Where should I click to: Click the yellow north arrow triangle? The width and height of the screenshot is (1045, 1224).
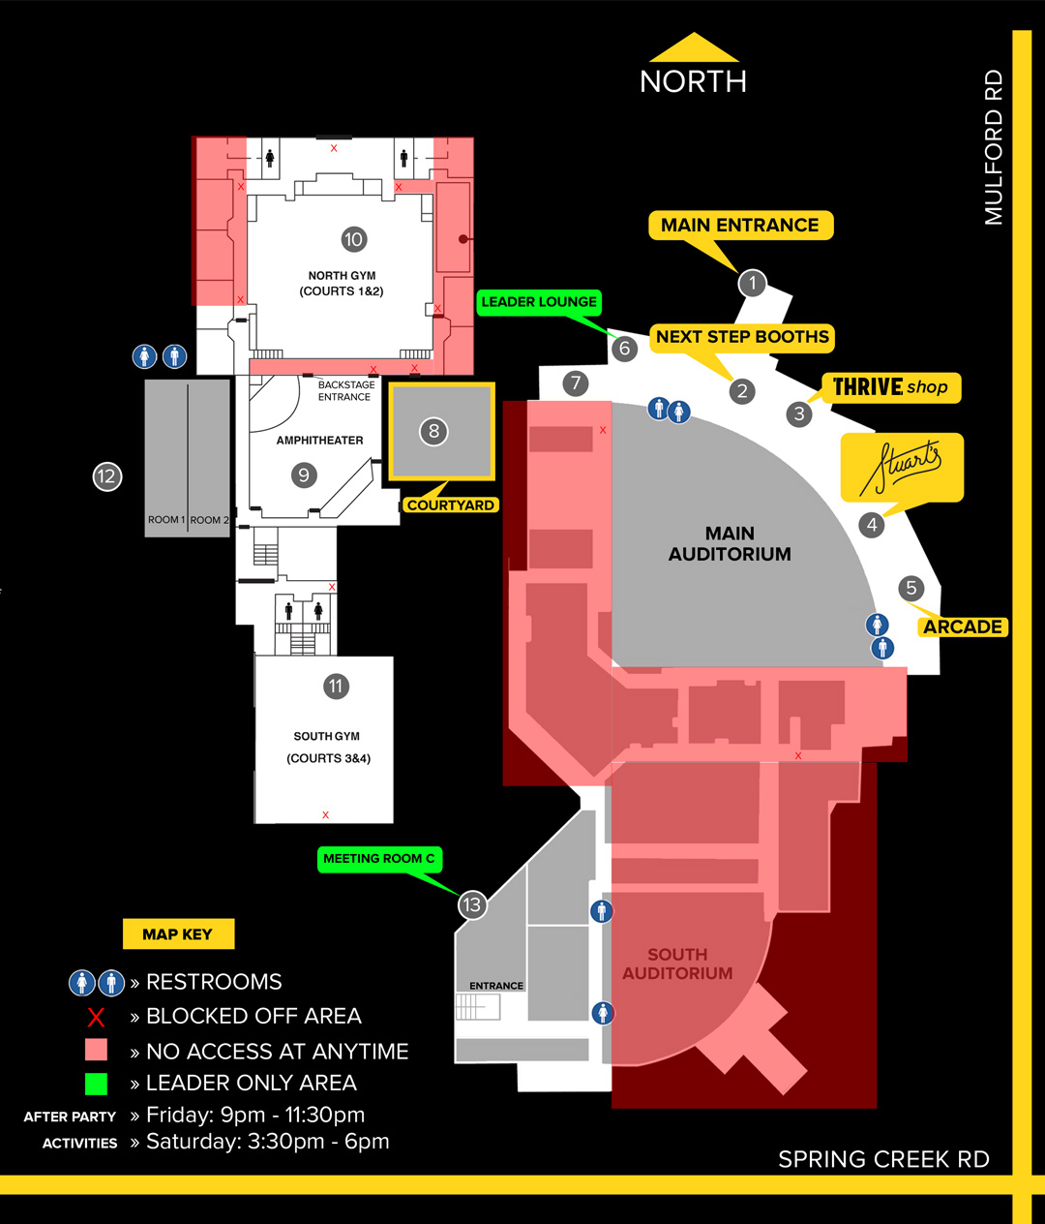pyautogui.click(x=694, y=47)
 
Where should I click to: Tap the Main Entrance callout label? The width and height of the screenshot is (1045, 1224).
pyautogui.click(x=741, y=226)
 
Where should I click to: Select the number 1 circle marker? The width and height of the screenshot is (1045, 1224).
pyautogui.click(x=752, y=283)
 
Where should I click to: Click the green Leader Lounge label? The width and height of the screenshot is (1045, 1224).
pyautogui.click(x=539, y=302)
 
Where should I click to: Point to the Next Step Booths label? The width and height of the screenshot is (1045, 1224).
pyautogui.click(x=742, y=338)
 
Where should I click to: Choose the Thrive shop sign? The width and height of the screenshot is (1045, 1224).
pyautogui.click(x=890, y=387)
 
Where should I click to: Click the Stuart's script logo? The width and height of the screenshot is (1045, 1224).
pyautogui.click(x=902, y=467)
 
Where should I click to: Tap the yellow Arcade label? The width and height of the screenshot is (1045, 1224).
pyautogui.click(x=963, y=627)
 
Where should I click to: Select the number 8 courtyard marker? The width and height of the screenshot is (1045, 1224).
pyautogui.click(x=433, y=431)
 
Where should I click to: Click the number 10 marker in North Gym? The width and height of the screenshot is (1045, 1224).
pyautogui.click(x=354, y=239)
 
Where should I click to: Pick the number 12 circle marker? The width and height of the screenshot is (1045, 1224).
pyautogui.click(x=107, y=476)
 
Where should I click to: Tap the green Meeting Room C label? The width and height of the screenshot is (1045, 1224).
pyautogui.click(x=379, y=859)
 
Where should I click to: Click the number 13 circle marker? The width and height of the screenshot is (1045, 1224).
pyautogui.click(x=472, y=904)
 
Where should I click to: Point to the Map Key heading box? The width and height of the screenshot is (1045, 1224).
pyautogui.click(x=178, y=933)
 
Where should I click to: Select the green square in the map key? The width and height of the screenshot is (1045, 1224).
pyautogui.click(x=96, y=1084)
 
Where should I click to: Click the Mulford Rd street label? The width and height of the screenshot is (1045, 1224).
pyautogui.click(x=994, y=147)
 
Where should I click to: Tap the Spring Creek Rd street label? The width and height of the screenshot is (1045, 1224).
pyautogui.click(x=883, y=1159)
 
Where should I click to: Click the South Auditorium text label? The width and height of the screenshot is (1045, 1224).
pyautogui.click(x=677, y=964)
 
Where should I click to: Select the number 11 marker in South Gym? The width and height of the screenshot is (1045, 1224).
pyautogui.click(x=336, y=687)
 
